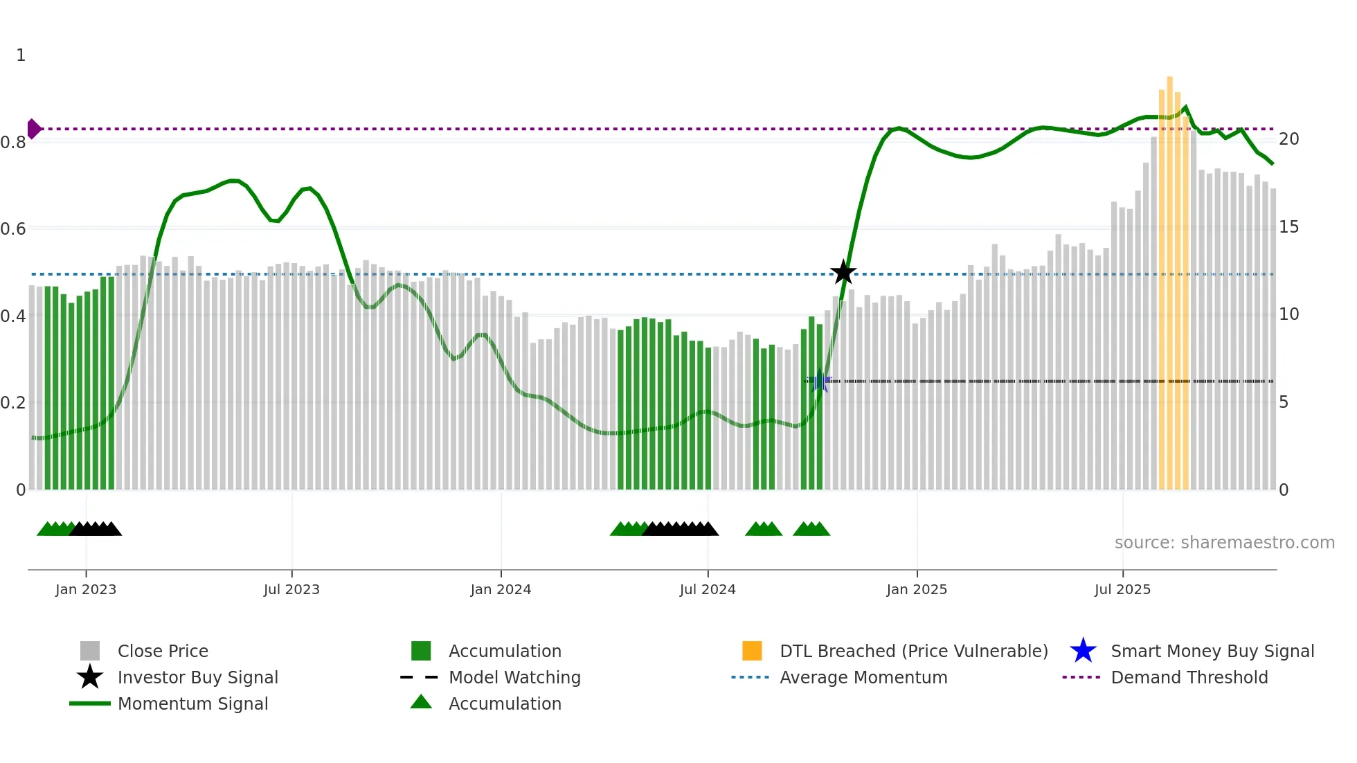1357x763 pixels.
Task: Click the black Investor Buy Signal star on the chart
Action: click(843, 272)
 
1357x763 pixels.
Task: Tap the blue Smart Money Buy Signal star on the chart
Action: click(820, 381)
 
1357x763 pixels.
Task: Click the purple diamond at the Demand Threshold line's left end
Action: click(33, 129)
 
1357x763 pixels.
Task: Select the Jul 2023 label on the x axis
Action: click(291, 589)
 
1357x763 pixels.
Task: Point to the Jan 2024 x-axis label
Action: click(501, 589)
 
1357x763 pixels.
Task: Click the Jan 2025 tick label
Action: click(917, 589)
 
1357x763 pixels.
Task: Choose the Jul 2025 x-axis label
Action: click(1122, 589)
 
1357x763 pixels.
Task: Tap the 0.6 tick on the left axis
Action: click(13, 228)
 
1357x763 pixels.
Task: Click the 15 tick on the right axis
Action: click(1288, 227)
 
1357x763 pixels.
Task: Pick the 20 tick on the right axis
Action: click(1288, 139)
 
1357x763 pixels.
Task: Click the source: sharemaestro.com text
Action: click(1224, 543)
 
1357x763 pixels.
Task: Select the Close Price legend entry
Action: click(163, 651)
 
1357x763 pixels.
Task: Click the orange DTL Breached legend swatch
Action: click(752, 651)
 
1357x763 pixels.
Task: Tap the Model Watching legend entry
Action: click(514, 677)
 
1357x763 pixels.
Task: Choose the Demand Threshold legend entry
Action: click(1189, 677)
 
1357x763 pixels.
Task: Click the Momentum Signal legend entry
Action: click(192, 703)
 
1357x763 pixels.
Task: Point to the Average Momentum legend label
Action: click(863, 677)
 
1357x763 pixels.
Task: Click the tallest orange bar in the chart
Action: click(1169, 277)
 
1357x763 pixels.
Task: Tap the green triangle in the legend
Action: click(421, 702)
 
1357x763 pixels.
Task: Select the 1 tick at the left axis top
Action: click(21, 55)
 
